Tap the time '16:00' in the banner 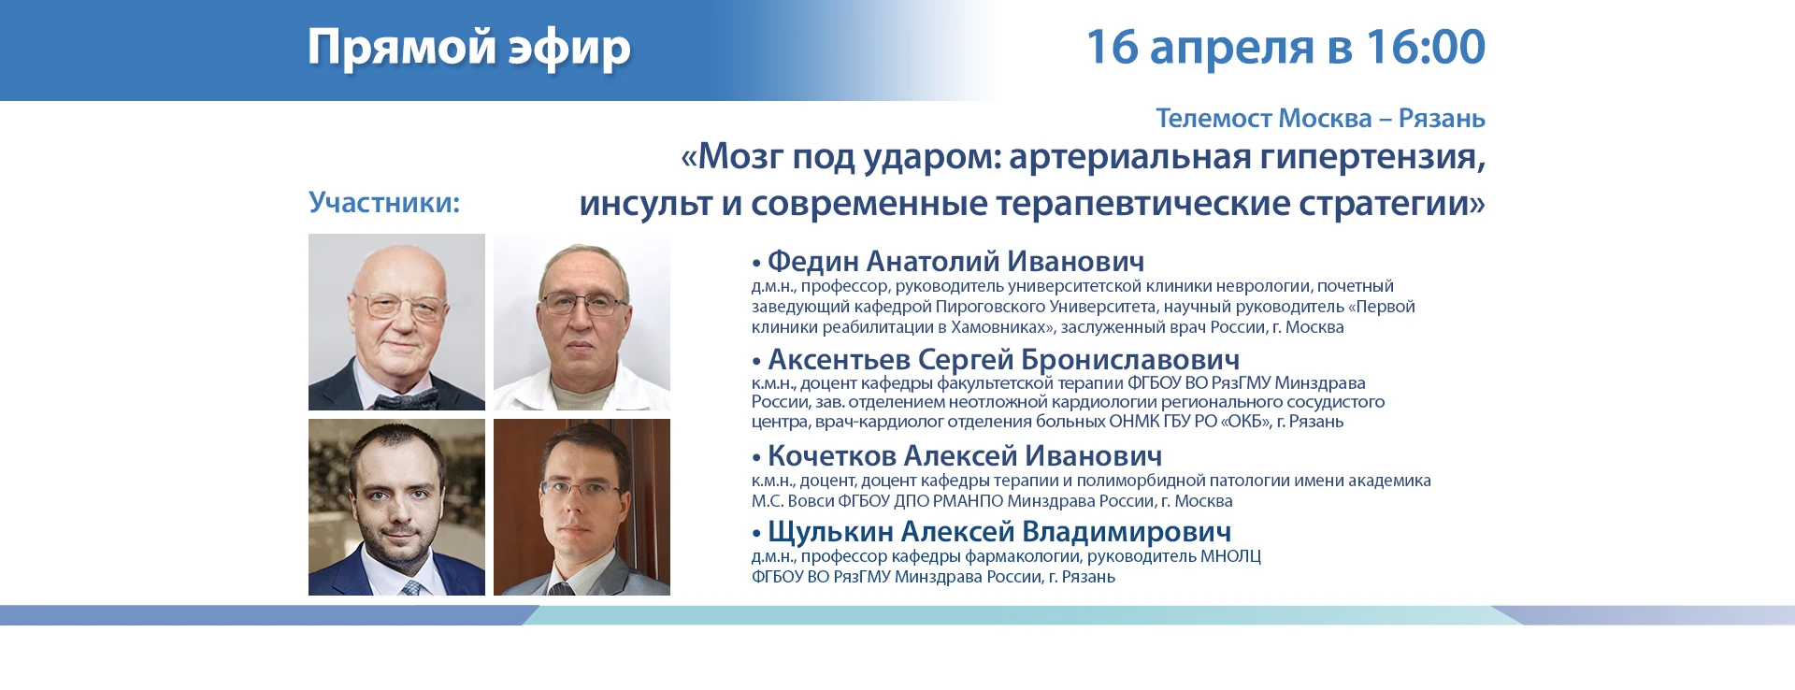(1426, 47)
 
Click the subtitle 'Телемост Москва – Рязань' (1320, 119)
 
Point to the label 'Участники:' (384, 203)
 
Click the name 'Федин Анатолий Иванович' (955, 262)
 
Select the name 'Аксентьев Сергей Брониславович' (1003, 359)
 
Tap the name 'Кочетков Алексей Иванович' (964, 455)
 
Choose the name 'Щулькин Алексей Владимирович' (998, 531)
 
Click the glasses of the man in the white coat (583, 304)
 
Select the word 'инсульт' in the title (646, 203)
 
